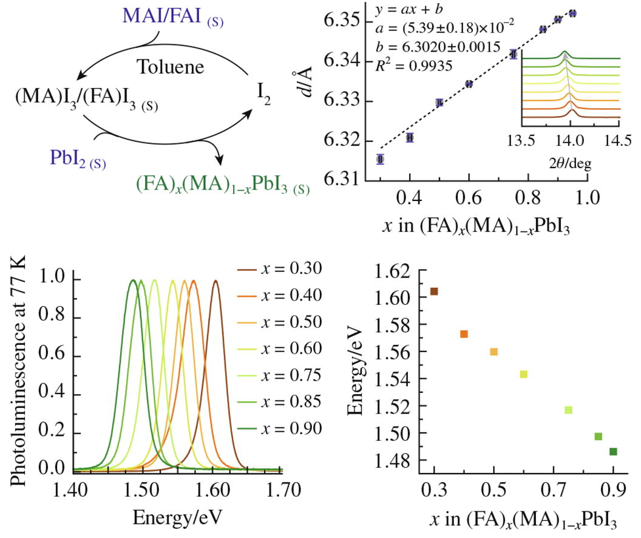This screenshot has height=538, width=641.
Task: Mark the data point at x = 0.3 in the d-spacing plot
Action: click(380, 159)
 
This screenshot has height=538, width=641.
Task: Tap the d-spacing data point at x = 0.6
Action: click(469, 84)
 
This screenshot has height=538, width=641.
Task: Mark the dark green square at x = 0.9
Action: click(613, 451)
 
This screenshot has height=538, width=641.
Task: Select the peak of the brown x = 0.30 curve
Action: click(215, 281)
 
